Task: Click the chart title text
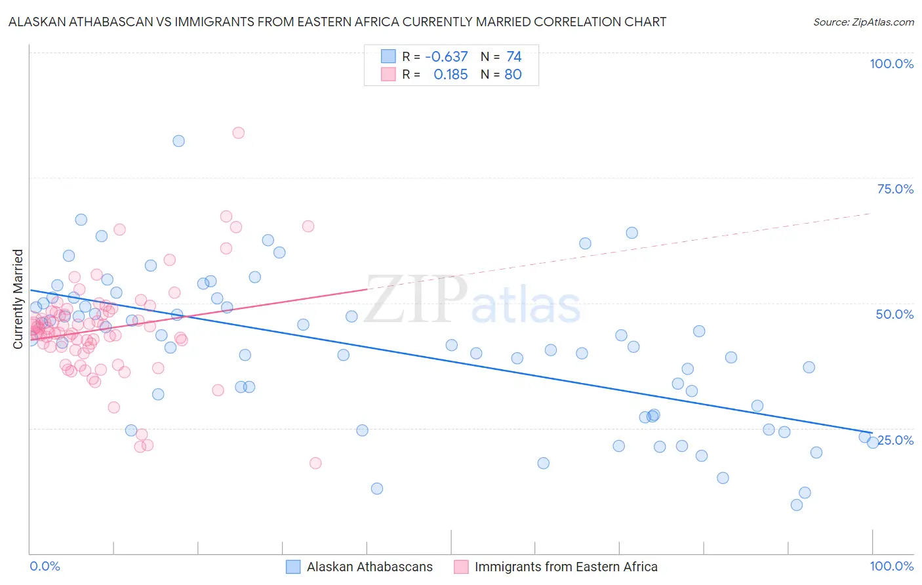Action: point(337,22)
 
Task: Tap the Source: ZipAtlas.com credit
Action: point(863,22)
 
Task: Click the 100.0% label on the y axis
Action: point(891,64)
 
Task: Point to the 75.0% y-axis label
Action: point(895,189)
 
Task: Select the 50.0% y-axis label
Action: point(894,314)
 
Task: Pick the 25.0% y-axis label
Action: point(895,439)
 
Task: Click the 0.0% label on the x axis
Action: point(45,566)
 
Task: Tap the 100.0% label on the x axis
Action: point(891,566)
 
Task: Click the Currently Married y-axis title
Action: point(18,298)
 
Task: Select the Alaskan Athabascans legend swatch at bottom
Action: point(293,567)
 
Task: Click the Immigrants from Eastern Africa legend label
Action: point(565,567)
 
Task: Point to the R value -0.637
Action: point(446,57)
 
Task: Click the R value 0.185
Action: point(451,75)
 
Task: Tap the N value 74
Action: point(513,57)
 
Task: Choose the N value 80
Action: point(513,75)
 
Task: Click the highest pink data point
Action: point(239,132)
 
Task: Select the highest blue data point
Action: point(178,141)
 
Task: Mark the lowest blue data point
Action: point(797,505)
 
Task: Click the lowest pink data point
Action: point(315,463)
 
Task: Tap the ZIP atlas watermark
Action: point(472,301)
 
